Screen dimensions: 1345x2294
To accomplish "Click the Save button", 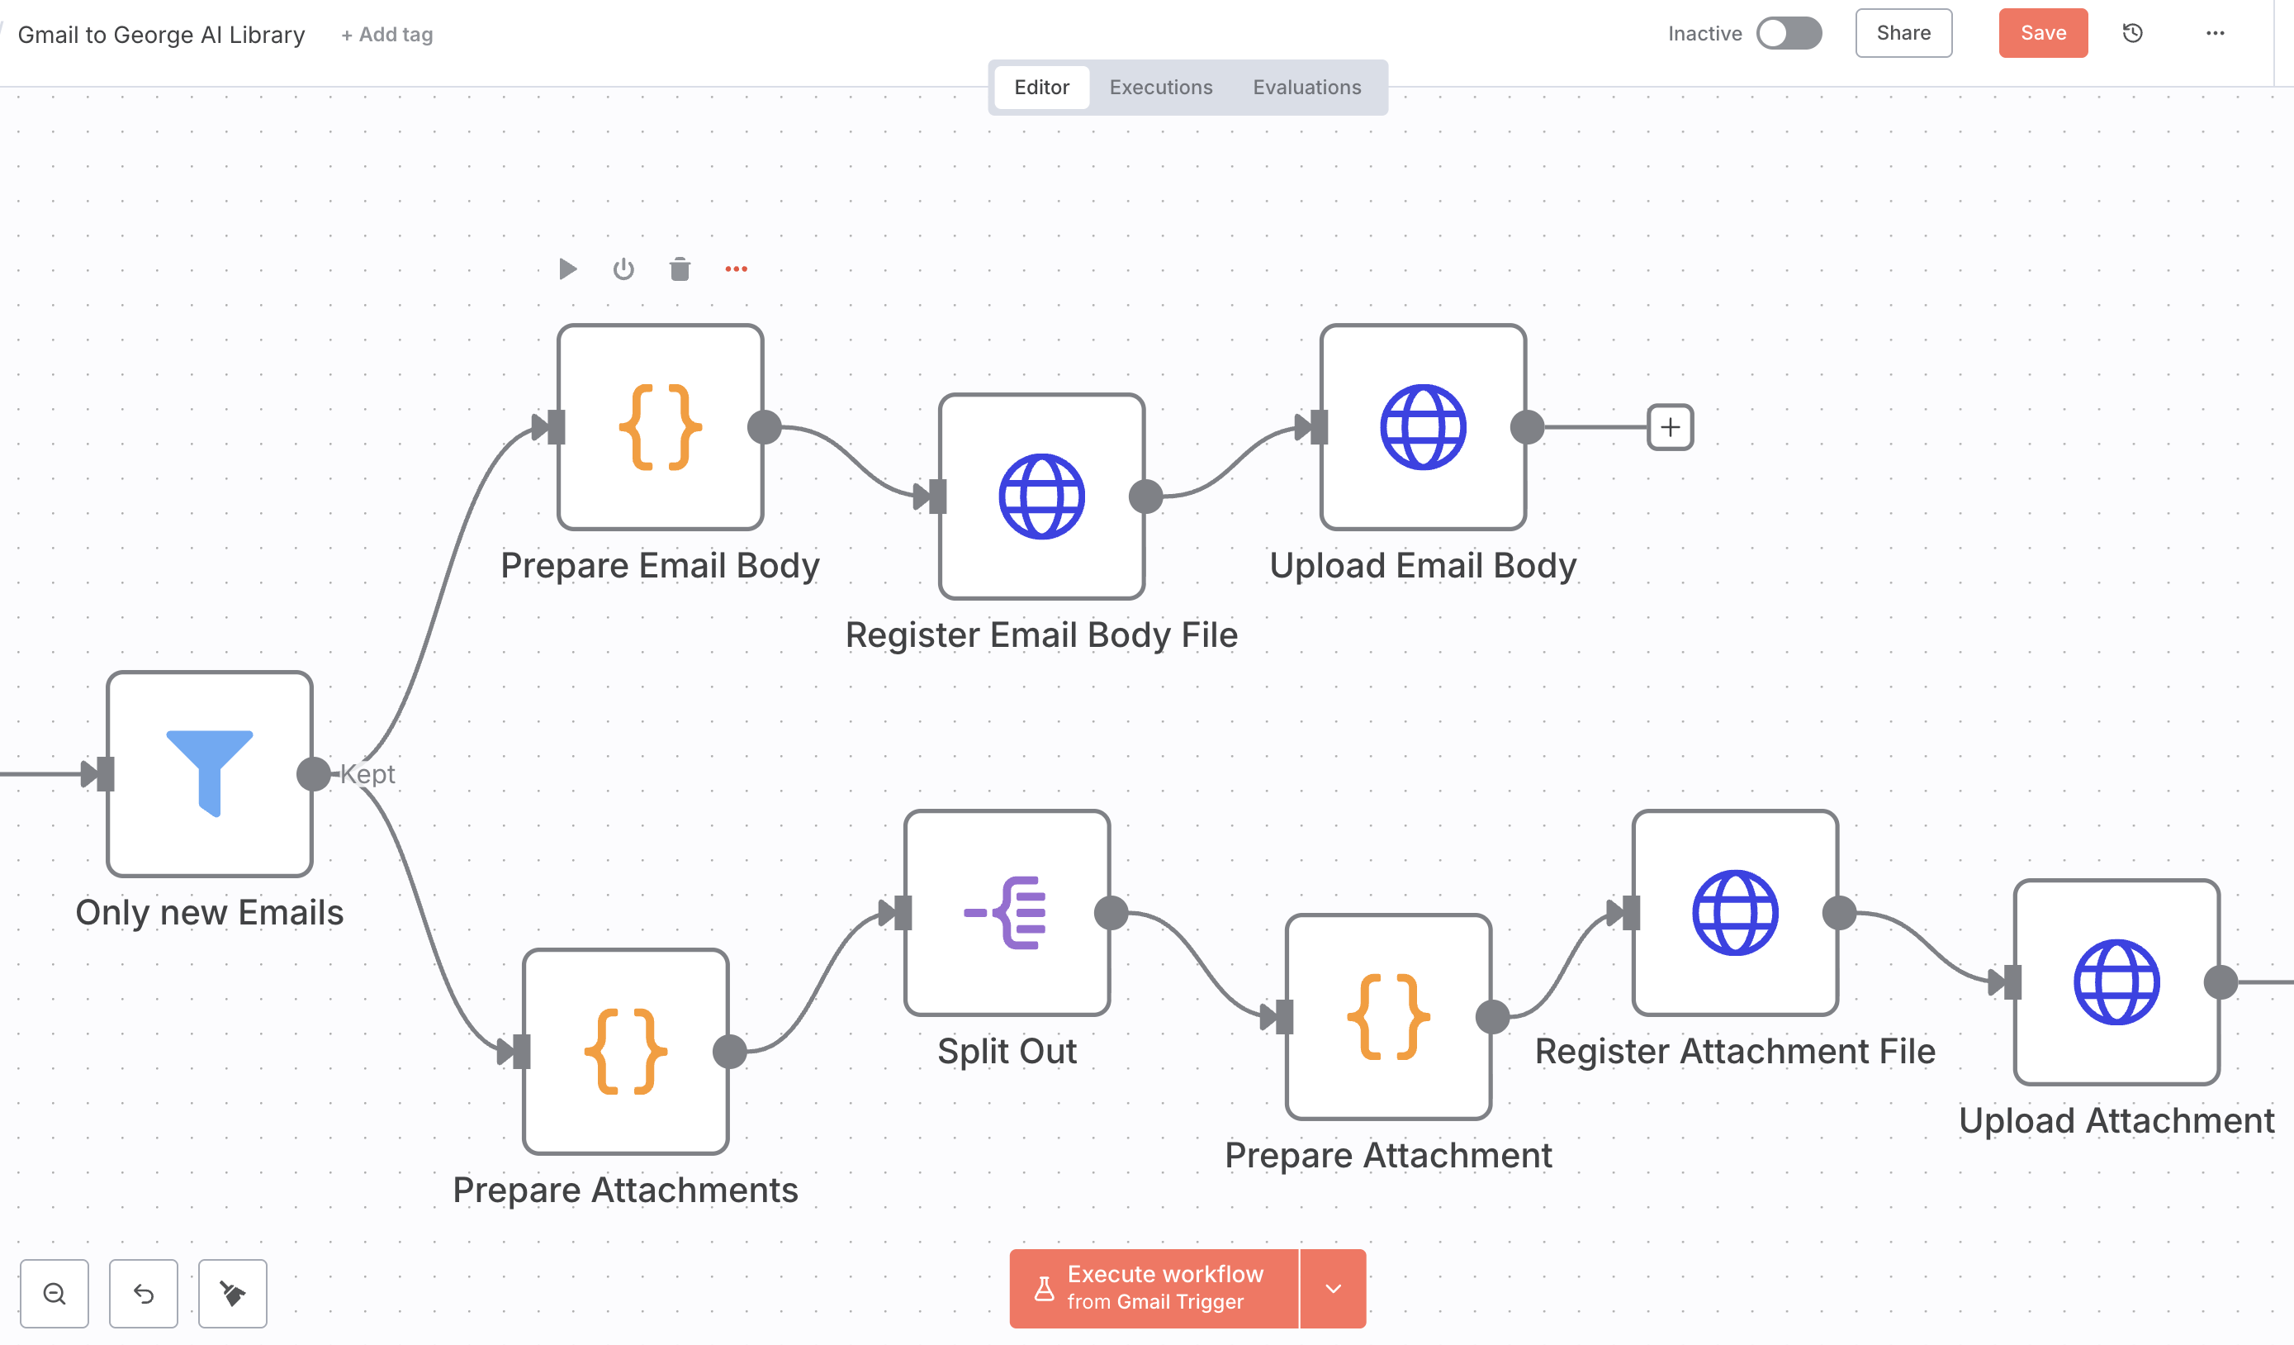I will tap(2042, 34).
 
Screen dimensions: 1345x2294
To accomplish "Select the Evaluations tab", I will tap(1306, 88).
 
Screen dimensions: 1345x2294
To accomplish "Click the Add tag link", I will tap(387, 35).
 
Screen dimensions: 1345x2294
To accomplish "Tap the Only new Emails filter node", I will tap(210, 774).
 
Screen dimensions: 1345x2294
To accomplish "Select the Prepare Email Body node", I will tap(660, 427).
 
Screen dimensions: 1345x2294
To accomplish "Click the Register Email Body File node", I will tap(1041, 497).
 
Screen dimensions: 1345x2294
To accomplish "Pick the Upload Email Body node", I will tap(1423, 427).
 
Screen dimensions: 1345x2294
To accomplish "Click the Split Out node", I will tap(1007, 912).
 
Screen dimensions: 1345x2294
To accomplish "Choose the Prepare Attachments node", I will tap(625, 1052).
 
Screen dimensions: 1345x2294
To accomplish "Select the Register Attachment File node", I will tap(1735, 912).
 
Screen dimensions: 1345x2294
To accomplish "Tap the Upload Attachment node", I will tap(2116, 981).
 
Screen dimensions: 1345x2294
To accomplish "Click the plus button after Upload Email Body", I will tap(1670, 427).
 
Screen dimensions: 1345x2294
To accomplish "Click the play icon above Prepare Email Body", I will tap(567, 269).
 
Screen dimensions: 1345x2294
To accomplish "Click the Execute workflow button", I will tap(1154, 1288).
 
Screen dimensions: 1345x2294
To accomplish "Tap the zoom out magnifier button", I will tap(55, 1293).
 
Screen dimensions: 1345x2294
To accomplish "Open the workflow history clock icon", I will tap(2132, 34).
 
